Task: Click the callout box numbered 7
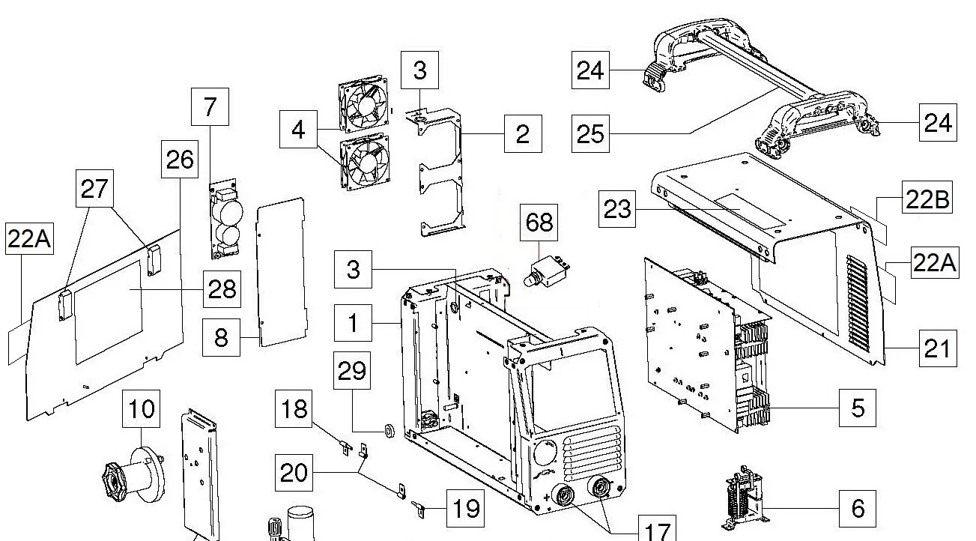pos(210,107)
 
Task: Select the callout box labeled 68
pos(539,223)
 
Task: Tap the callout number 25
pos(590,134)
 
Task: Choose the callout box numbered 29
pos(352,371)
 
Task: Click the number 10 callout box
pos(141,409)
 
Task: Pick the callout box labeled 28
pos(222,289)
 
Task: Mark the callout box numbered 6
pos(858,508)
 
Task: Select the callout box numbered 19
pos(466,508)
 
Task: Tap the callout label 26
pos(180,159)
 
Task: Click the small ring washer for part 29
pos(389,430)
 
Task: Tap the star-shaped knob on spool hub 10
pos(113,482)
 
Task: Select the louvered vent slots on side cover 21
pos(857,305)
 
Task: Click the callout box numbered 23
pos(617,209)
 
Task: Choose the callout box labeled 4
pos(298,130)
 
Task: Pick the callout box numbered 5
pos(858,408)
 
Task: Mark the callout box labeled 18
pos(294,409)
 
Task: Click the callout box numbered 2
pos(523,134)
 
